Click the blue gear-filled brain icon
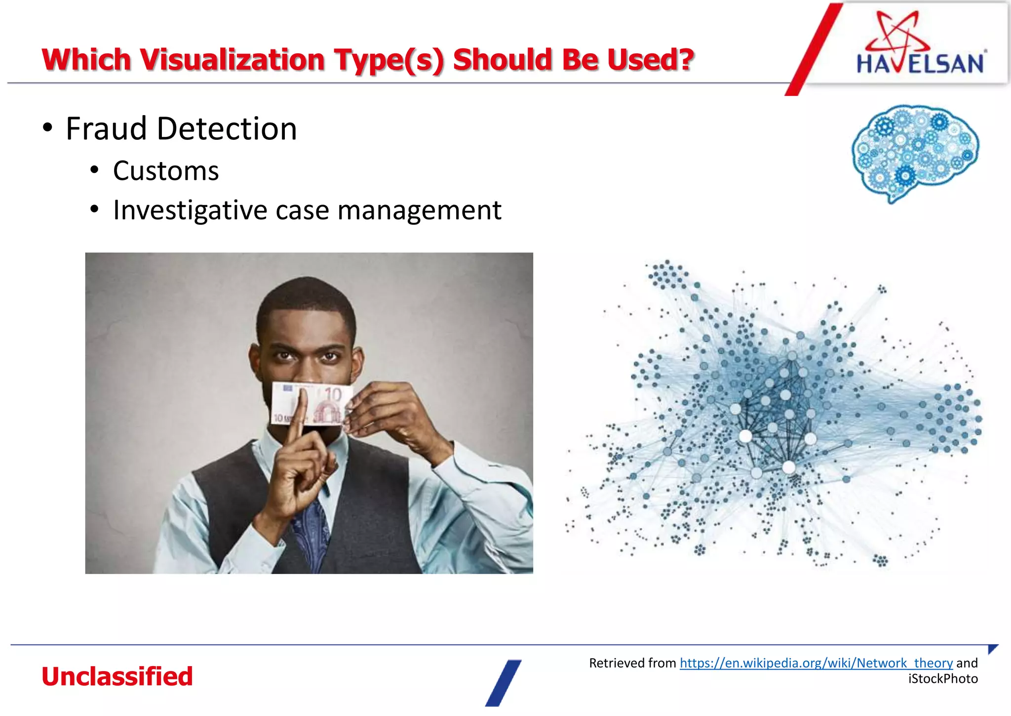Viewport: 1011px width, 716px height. (915, 151)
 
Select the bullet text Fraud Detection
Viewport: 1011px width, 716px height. (181, 129)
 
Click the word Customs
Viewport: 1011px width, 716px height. (166, 171)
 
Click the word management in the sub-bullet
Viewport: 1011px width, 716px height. (419, 211)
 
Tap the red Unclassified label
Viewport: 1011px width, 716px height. (117, 676)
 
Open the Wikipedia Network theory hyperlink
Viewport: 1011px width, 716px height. (816, 663)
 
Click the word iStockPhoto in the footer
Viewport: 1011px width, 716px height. (943, 679)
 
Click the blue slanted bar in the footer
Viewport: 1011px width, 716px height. (503, 683)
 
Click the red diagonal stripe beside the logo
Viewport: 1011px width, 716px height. (814, 49)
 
